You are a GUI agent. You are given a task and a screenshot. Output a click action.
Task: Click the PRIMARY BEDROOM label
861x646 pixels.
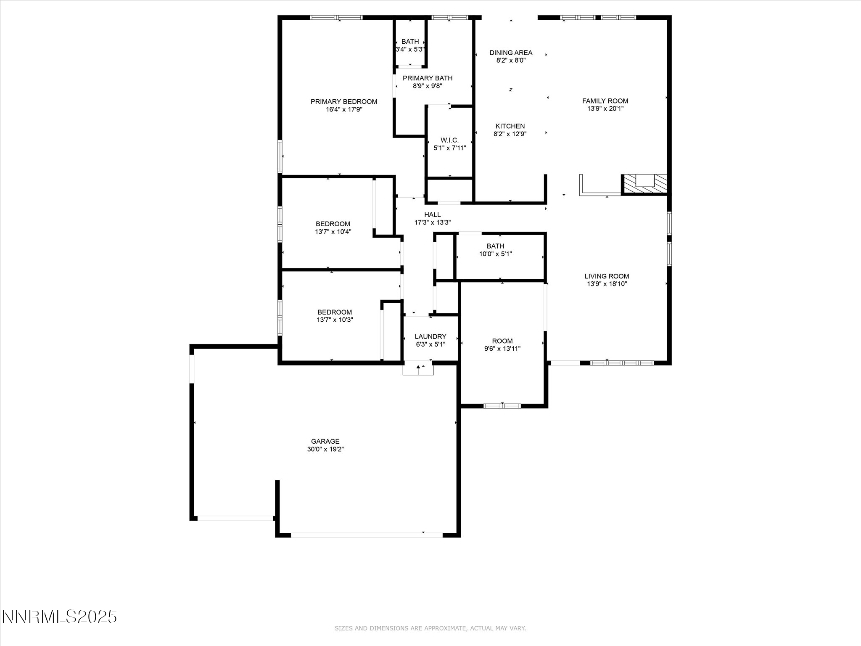pyautogui.click(x=344, y=101)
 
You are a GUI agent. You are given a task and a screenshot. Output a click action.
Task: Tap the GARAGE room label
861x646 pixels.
pyautogui.click(x=325, y=441)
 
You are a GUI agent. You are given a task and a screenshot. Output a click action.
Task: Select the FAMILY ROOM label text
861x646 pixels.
pyautogui.click(x=605, y=101)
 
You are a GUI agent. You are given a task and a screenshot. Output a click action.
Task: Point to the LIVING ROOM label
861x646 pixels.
pyautogui.click(x=607, y=276)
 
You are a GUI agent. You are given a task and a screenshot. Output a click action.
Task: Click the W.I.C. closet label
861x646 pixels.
pyautogui.click(x=449, y=140)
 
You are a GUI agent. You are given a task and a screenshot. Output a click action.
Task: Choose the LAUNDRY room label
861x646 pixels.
pyautogui.click(x=430, y=336)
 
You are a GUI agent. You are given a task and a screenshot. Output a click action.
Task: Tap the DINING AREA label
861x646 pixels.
pyautogui.click(x=511, y=53)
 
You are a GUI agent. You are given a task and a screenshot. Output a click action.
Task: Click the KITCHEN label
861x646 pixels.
pyautogui.click(x=510, y=126)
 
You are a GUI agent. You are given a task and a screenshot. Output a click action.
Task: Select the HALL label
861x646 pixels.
pyautogui.click(x=432, y=215)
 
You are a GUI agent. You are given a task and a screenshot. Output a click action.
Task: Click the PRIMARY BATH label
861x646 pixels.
pyautogui.click(x=428, y=78)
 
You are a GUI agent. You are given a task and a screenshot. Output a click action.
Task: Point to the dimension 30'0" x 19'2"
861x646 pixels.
pyautogui.click(x=325, y=449)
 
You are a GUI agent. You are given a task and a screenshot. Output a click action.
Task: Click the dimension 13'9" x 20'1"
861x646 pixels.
pyautogui.click(x=605, y=109)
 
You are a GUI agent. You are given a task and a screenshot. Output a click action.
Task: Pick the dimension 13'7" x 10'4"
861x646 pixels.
pyautogui.click(x=333, y=232)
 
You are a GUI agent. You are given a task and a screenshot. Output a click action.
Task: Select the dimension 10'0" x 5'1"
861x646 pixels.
pyautogui.click(x=495, y=254)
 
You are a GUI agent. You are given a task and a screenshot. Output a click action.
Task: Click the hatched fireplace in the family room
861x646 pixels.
pyautogui.click(x=644, y=184)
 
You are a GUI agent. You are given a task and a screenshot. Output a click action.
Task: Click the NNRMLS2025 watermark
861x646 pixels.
pyautogui.click(x=59, y=617)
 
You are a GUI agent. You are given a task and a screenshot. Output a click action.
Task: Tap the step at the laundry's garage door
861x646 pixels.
pyautogui.click(x=418, y=368)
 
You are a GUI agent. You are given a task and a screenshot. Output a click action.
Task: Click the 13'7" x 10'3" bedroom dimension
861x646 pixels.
pyautogui.click(x=335, y=320)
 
